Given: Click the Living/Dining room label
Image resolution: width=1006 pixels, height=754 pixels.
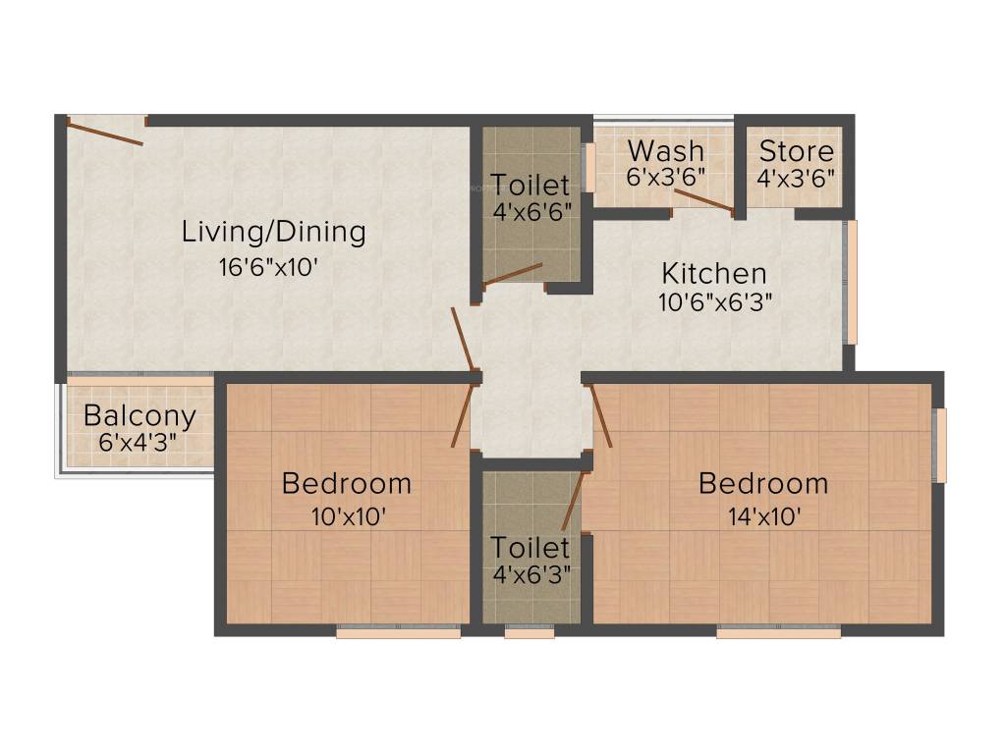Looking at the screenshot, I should tap(273, 233).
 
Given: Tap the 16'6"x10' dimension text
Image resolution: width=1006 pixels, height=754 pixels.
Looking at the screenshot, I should tap(268, 268).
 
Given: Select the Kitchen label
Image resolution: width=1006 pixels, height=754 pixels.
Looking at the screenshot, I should tap(713, 273).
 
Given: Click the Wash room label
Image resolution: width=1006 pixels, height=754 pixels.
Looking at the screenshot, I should tap(665, 151).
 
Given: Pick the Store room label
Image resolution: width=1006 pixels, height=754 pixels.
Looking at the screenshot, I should tap(796, 151).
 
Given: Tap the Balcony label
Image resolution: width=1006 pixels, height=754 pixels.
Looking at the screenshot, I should tap(140, 416).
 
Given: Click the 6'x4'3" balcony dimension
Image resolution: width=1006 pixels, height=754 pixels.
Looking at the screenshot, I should tap(138, 442).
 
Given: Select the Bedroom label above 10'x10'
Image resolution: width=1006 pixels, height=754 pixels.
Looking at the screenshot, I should tap(346, 483).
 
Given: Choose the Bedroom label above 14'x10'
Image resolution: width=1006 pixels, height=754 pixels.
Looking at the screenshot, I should tap(762, 483).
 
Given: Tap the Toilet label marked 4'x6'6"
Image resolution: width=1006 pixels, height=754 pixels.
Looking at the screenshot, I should tap(531, 185).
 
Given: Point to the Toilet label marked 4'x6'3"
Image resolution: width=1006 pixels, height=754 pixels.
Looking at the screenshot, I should tap(531, 547).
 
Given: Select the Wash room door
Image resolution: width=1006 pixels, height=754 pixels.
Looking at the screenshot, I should tap(703, 199).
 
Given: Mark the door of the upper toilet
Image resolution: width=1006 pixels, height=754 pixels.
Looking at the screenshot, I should tap(513, 274).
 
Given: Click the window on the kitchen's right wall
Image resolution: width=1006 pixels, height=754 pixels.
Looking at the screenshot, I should tap(852, 282).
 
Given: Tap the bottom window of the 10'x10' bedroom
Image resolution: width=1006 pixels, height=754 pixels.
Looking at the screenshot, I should tap(398, 633).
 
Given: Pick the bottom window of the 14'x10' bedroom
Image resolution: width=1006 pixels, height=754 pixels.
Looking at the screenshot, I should tap(778, 633).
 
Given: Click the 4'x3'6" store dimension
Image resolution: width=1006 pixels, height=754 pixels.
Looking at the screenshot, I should tap(796, 178).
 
